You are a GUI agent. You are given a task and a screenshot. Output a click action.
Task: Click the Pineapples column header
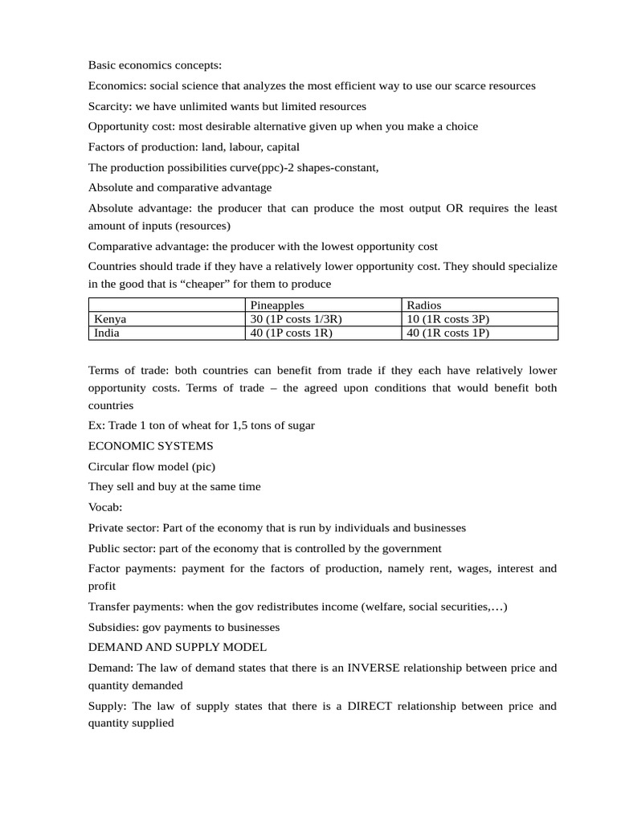(x=277, y=305)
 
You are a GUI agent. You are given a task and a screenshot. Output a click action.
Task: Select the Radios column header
(x=424, y=305)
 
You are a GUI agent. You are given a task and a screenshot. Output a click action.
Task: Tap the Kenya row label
(x=110, y=319)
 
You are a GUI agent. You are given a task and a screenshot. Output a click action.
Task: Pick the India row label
(x=107, y=333)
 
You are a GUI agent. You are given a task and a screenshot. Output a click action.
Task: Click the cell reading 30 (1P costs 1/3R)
(x=301, y=319)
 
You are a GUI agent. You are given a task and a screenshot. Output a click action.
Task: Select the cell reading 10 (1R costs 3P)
(x=448, y=319)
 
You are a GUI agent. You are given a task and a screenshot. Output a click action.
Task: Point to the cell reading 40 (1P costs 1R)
(x=292, y=333)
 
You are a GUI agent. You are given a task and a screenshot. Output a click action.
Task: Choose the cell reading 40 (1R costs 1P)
(x=448, y=333)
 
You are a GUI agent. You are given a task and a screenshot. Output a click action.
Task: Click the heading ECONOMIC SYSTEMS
(x=151, y=445)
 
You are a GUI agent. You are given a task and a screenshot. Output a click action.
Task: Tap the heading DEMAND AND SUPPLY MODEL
(x=178, y=647)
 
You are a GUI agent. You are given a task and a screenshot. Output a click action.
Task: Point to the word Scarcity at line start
(x=109, y=106)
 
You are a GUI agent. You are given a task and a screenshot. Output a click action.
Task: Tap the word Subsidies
(x=112, y=627)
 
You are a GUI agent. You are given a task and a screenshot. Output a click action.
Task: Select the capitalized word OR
(x=456, y=208)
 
